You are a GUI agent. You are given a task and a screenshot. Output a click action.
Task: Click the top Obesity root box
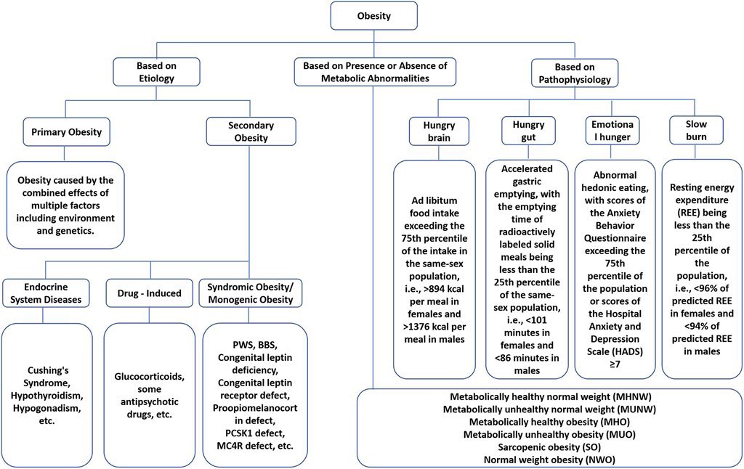tap(374, 16)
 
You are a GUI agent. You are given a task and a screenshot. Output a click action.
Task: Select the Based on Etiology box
tap(156, 72)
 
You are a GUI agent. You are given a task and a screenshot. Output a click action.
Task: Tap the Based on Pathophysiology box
tap(575, 73)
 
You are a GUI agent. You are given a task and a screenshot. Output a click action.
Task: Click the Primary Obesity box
tap(66, 132)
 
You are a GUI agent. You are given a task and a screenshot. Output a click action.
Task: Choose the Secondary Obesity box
tap(251, 131)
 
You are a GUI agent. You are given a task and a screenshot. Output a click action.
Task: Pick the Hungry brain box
tap(439, 131)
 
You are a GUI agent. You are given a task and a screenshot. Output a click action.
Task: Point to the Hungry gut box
tap(528, 131)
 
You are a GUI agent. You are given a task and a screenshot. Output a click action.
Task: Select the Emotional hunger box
tap(612, 131)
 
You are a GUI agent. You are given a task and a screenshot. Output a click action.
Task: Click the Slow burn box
tap(696, 130)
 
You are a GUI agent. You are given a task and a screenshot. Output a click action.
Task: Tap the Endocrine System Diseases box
tap(46, 293)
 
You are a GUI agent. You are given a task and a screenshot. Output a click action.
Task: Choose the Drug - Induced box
tap(150, 293)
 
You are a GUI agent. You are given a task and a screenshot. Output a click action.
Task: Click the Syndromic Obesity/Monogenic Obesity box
tap(251, 293)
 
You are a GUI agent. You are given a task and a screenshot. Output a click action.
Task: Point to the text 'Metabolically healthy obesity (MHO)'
tap(549, 422)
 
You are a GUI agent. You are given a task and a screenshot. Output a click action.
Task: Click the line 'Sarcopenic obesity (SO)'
tap(549, 446)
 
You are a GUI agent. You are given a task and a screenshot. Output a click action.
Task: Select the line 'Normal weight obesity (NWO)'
tap(549, 460)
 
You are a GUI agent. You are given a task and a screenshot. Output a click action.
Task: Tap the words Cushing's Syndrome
tap(47, 377)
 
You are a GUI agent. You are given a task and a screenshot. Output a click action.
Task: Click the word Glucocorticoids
tap(150, 377)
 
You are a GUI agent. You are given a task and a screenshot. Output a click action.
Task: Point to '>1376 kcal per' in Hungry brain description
tap(434, 327)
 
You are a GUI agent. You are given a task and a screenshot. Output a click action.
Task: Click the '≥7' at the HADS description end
tap(615, 364)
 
